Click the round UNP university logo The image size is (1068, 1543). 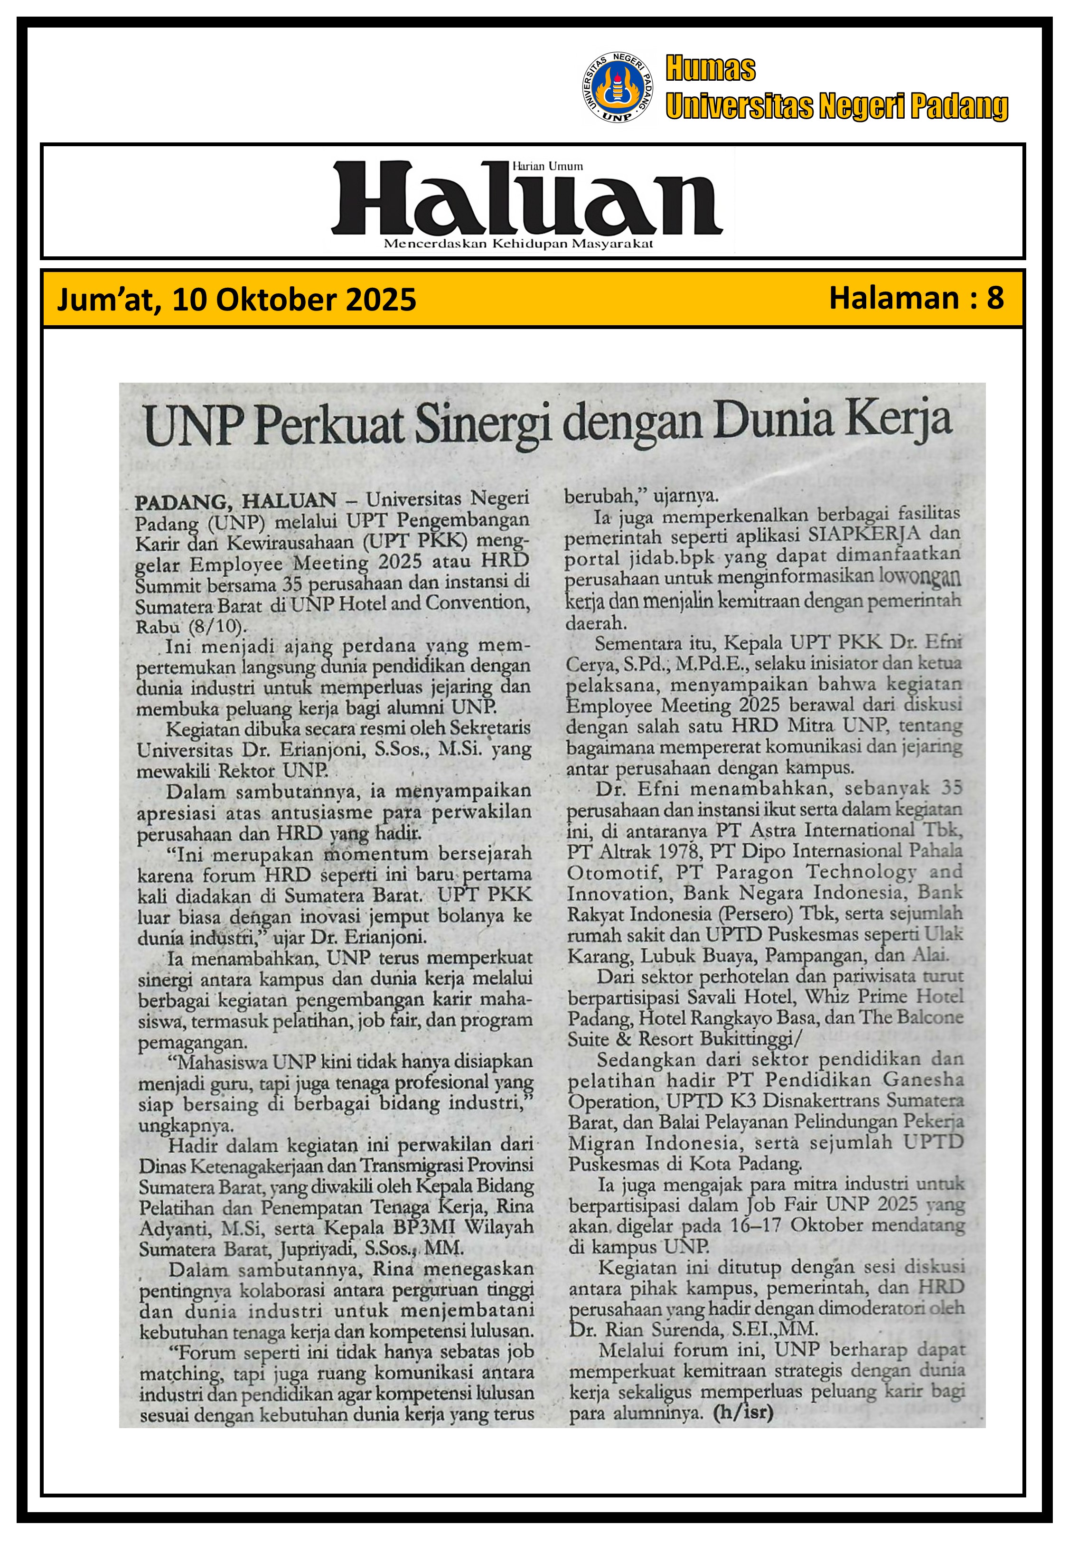point(618,88)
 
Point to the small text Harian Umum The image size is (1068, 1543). point(547,166)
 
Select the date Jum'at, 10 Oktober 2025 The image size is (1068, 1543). point(236,300)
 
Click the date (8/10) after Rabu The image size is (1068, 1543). point(217,627)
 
